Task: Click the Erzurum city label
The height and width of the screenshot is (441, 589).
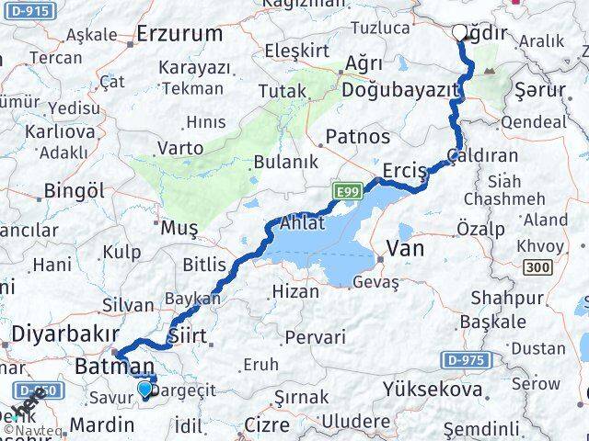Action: coord(179,34)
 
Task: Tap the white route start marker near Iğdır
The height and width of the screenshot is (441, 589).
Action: coord(460,32)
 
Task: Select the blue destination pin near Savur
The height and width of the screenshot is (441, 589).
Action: coord(144,390)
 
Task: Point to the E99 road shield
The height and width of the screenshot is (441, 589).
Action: coord(346,191)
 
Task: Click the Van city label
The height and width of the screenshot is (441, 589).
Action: coord(405,246)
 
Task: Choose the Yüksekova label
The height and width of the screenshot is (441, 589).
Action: coord(435,390)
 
